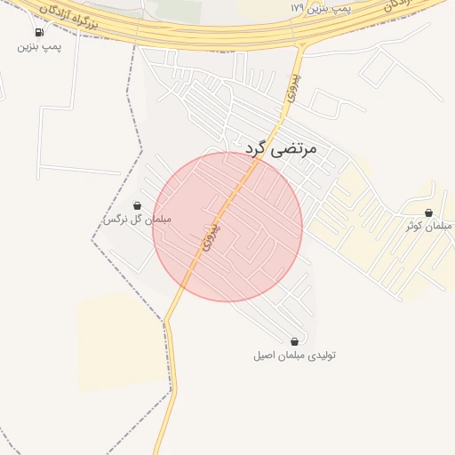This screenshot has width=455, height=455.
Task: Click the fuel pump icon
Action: (39, 32)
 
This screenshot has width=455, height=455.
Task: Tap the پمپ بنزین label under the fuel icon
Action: (39, 46)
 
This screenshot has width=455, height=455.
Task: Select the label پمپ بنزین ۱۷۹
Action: (322, 7)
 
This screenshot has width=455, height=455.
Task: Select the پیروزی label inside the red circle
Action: (210, 235)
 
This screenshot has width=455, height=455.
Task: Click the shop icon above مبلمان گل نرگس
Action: (136, 205)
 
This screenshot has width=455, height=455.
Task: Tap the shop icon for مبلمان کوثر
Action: (428, 213)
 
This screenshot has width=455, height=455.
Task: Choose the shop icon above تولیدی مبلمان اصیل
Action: (294, 341)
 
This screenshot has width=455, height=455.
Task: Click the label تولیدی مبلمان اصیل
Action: (294, 355)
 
